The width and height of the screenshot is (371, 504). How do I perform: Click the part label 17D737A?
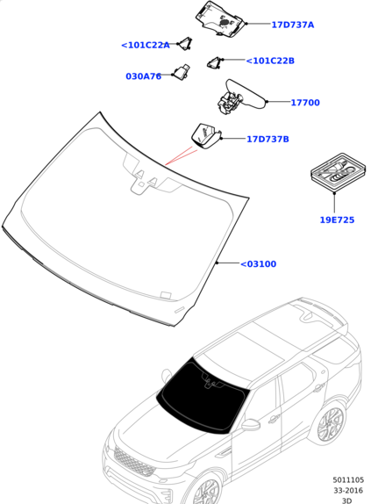tap(292, 25)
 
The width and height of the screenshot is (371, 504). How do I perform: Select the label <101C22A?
tap(145, 45)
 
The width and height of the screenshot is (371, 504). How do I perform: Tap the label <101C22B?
tap(270, 61)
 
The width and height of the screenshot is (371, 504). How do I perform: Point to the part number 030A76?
tap(143, 76)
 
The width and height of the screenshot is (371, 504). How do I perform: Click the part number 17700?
tap(305, 103)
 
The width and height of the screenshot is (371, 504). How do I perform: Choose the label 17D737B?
tap(268, 139)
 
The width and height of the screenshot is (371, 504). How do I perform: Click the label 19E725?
tap(337, 220)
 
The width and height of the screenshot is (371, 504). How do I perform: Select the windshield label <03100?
tap(258, 264)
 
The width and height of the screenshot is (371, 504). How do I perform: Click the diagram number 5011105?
tap(348, 480)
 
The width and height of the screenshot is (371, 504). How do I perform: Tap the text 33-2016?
tap(348, 491)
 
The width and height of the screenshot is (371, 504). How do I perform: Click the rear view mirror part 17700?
tap(240, 97)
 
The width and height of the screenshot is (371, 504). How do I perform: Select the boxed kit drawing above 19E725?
tap(339, 172)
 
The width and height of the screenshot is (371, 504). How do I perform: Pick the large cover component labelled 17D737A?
tap(220, 19)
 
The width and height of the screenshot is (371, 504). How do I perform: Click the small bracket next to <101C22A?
tap(185, 44)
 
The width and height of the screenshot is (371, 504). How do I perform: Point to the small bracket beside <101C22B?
tap(214, 62)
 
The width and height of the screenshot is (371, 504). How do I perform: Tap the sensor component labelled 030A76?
tap(182, 72)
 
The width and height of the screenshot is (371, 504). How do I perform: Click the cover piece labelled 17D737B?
tap(206, 136)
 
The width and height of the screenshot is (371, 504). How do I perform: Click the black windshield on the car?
tap(203, 395)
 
